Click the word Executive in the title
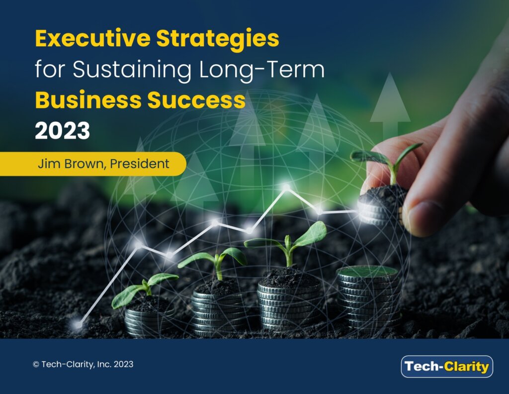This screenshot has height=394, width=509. coord(93,38)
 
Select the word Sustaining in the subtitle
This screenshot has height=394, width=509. coord(132,70)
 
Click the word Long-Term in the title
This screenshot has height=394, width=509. coord(261,70)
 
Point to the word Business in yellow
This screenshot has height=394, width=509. coord(88,99)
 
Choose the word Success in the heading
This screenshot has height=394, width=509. coord(196,99)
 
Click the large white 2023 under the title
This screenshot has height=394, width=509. coord(62,130)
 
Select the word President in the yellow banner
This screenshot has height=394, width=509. coord(140,163)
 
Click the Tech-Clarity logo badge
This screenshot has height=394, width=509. coord(447,367)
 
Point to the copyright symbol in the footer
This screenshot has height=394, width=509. coord(36,365)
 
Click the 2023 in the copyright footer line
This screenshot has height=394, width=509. coord(124,365)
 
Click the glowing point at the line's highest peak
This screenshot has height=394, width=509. coord(286,187)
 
